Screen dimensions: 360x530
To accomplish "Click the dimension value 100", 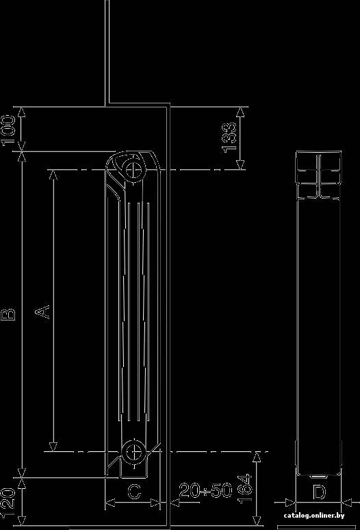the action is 8,130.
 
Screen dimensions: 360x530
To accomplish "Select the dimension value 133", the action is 230,138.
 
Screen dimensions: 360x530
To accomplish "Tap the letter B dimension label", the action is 9,314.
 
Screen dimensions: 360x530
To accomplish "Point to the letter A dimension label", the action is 42,312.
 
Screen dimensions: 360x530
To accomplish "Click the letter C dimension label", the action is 134,492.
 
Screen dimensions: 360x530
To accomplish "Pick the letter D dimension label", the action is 319,492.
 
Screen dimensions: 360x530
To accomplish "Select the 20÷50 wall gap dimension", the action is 205,490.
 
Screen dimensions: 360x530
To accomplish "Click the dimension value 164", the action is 245,489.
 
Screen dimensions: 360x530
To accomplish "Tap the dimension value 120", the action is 8,503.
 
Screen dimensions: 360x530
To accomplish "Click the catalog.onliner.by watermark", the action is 314,516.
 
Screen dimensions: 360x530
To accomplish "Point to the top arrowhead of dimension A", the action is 53,175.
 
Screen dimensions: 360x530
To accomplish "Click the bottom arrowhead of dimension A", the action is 53,446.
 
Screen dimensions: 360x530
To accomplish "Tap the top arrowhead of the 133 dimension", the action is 240,112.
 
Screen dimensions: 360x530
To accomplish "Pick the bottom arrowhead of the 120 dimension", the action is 22,521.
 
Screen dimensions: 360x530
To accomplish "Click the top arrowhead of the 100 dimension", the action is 21,112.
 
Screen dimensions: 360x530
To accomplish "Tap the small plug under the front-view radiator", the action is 318,477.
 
